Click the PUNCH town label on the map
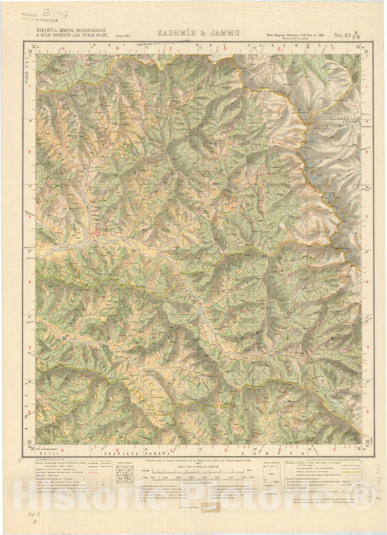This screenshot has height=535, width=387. (104, 230)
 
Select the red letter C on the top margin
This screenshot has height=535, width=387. (171, 48)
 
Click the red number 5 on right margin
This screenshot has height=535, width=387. (367, 347)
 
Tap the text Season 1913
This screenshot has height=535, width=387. (123, 35)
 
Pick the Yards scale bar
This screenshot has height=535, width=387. (197, 479)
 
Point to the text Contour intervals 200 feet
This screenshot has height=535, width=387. (196, 483)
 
